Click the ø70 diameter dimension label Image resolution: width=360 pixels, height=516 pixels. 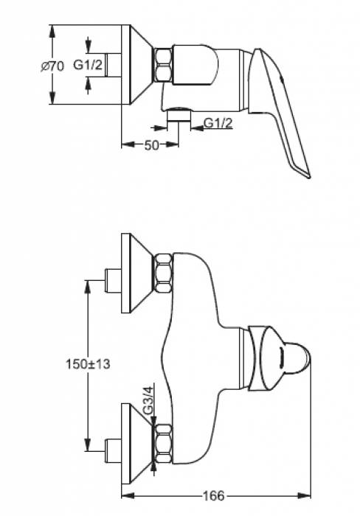click(52, 66)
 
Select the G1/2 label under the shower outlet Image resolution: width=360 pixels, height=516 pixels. click(218, 123)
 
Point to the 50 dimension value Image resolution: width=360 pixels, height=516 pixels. click(152, 144)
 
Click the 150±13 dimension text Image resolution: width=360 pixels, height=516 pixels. click(89, 364)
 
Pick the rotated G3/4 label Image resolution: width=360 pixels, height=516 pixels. click(149, 400)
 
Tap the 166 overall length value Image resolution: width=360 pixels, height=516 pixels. click(213, 496)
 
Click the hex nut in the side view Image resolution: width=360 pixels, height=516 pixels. click(164, 66)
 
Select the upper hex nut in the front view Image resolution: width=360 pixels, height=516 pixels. click(164, 273)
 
